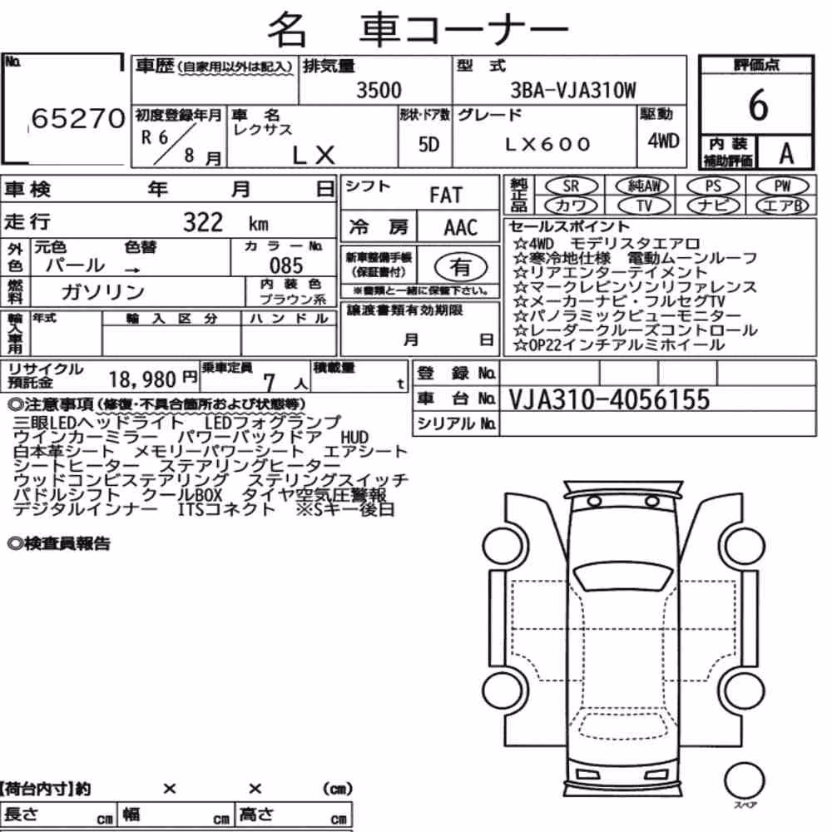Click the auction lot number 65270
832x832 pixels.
tap(78, 118)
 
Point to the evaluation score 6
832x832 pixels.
tap(758, 105)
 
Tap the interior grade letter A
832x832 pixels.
tap(786, 154)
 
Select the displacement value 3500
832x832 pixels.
tap(379, 90)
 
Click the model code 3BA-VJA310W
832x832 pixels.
tap(573, 90)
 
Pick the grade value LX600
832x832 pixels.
tap(547, 144)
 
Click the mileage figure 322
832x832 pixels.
tap(203, 222)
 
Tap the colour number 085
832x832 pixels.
tap(286, 265)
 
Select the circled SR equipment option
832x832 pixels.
tap(571, 186)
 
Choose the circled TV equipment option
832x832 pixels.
tap(644, 206)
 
